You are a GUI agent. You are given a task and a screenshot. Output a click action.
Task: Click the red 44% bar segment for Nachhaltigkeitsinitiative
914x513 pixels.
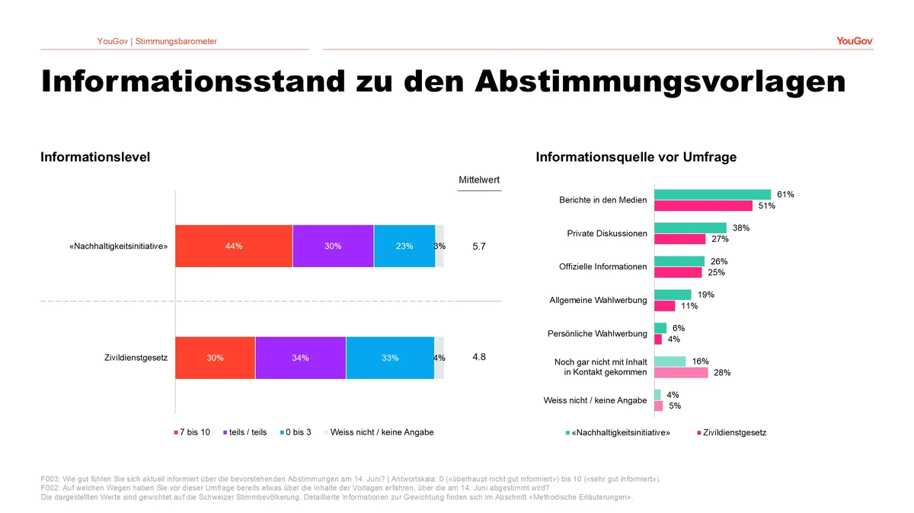234,246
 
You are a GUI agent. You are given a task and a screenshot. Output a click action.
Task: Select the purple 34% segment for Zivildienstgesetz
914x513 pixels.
300,358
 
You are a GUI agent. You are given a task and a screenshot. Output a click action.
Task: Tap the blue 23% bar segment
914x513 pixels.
404,246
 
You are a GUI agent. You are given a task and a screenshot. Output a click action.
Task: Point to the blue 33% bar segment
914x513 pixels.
390,358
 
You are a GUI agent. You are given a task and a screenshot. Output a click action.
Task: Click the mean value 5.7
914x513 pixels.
479,247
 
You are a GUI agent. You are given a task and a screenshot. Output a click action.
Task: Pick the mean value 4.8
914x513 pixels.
479,357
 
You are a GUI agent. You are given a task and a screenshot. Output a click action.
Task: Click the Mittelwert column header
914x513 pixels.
479,180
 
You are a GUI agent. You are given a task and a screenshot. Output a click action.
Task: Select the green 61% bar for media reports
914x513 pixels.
713,195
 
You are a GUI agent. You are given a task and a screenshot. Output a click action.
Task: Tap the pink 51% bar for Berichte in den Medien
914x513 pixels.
704,206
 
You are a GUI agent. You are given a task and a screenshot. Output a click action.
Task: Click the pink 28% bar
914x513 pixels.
682,372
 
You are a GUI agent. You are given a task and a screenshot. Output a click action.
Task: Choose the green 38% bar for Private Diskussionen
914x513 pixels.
690,228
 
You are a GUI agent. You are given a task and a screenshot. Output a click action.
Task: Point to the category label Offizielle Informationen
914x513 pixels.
602,266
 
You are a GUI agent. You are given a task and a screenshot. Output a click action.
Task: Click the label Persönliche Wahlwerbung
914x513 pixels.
597,333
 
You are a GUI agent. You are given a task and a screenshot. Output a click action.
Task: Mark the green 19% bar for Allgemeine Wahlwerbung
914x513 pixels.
673,295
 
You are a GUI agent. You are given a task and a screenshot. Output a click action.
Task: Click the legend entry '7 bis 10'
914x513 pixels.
192,432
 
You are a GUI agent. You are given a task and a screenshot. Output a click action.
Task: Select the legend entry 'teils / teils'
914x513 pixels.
244,432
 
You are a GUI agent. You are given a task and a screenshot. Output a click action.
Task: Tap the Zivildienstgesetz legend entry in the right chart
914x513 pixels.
732,432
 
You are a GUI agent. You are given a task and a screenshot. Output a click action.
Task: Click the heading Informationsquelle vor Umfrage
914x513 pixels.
636,157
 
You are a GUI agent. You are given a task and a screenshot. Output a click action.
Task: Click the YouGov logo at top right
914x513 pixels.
855,41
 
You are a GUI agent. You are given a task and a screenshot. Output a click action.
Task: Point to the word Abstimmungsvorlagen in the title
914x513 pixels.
660,82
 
